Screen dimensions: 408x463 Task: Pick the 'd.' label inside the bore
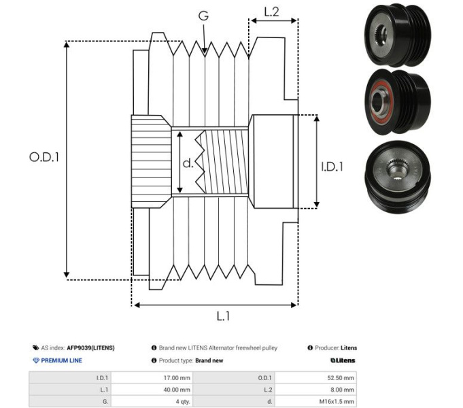(x=188, y=163)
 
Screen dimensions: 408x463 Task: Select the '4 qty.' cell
(x=183, y=402)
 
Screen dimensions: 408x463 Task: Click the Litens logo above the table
(x=343, y=360)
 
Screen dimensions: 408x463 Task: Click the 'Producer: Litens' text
(x=332, y=347)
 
